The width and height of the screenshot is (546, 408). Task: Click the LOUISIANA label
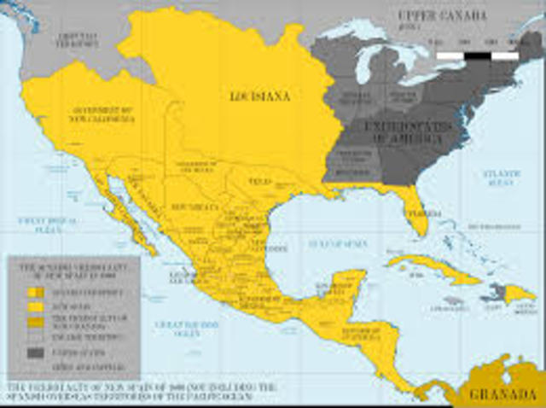[260, 96]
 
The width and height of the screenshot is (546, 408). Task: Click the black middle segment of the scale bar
[478, 55]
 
